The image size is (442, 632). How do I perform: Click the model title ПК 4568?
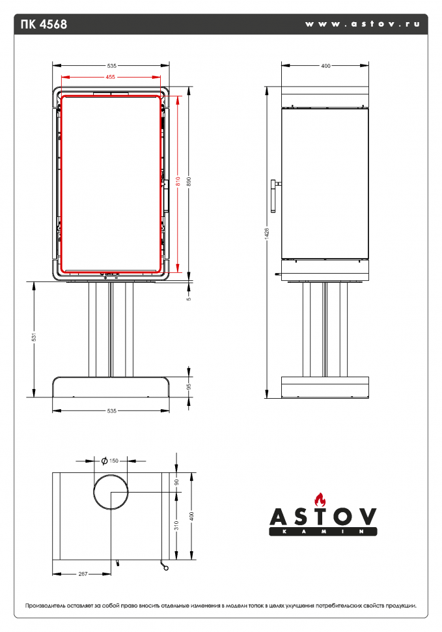44,25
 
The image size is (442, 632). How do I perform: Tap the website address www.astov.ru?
362,23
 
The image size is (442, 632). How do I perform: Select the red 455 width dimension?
111,77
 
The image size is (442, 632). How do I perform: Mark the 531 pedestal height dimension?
34,338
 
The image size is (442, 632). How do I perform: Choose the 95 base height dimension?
189,386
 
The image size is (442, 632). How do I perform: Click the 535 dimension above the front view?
111,66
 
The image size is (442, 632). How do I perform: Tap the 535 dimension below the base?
111,411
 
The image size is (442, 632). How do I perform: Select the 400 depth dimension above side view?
325,66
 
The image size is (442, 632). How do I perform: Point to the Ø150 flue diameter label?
110,461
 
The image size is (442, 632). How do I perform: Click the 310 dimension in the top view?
176,526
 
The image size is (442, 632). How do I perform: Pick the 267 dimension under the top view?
83,574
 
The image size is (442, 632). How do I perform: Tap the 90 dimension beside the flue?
176,482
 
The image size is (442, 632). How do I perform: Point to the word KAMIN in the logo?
323,532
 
